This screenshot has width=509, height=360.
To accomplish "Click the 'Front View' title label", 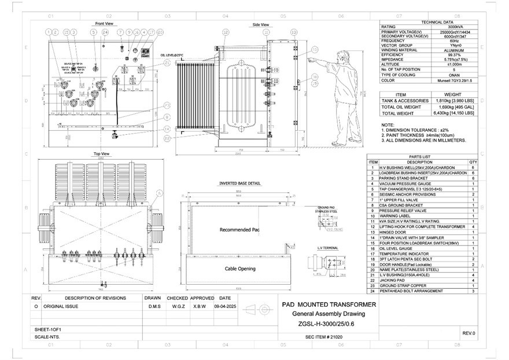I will pyautogui.click(x=104, y=24).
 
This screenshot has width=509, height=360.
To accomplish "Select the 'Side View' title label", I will pyautogui.click(x=261, y=25).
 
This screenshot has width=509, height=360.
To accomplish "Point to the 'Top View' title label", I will pyautogui.click(x=102, y=154).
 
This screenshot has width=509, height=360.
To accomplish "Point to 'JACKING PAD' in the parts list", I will pyautogui.click(x=390, y=280).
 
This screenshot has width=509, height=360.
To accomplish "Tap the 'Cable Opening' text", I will pyautogui.click(x=239, y=269).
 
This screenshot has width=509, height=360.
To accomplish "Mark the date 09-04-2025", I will pyautogui.click(x=225, y=306).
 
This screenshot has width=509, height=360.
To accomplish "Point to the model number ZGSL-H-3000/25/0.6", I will pyautogui.click(x=329, y=324).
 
